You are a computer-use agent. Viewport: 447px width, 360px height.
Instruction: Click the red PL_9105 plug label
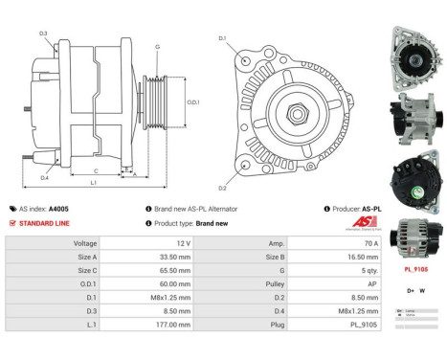[413, 270]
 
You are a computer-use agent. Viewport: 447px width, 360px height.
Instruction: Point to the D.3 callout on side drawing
[44, 34]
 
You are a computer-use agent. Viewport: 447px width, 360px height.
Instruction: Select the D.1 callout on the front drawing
[222, 38]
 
